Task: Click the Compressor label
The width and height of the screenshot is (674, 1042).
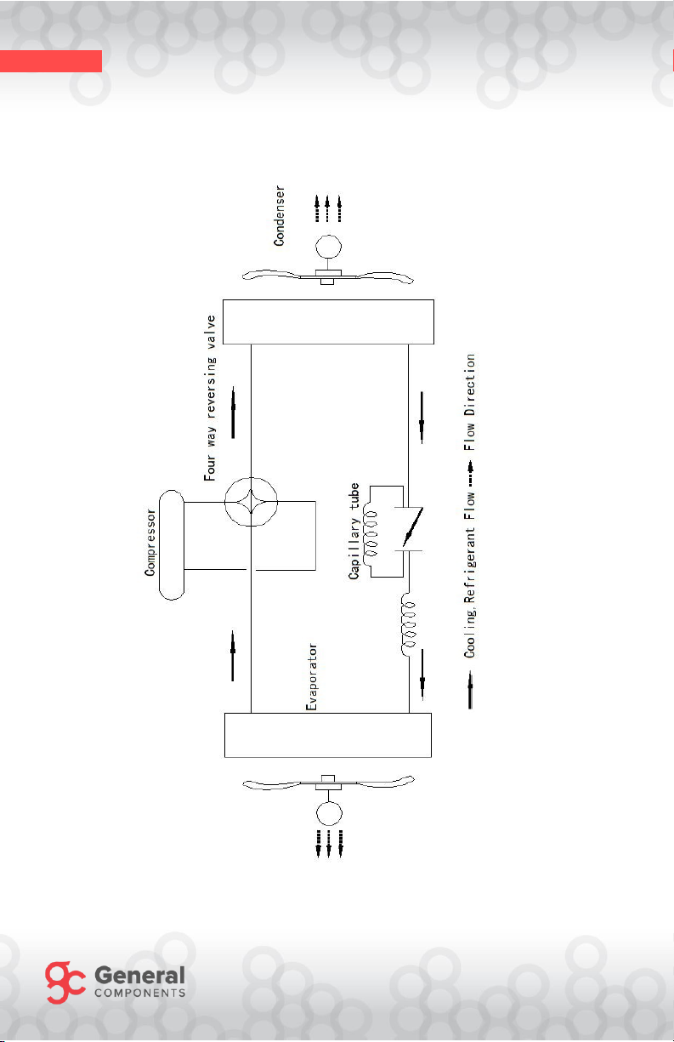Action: pyautogui.click(x=150, y=543)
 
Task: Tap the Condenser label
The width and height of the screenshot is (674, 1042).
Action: pyautogui.click(x=279, y=216)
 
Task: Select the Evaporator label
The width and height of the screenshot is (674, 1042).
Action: pyautogui.click(x=311, y=677)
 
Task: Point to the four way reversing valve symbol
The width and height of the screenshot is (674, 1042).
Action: pyautogui.click(x=251, y=502)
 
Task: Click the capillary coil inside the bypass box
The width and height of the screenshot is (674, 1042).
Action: pyautogui.click(x=371, y=533)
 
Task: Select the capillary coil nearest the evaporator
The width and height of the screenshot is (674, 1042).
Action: pyautogui.click(x=409, y=624)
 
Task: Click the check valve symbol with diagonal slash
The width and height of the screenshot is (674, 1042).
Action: pyautogui.click(x=412, y=527)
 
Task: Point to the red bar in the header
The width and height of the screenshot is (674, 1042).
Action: pyautogui.click(x=51, y=61)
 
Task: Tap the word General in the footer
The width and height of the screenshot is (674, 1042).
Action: pyautogui.click(x=140, y=975)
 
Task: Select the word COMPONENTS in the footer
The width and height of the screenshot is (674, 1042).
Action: pyautogui.click(x=140, y=994)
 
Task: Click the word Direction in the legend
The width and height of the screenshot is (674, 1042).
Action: pyautogui.click(x=470, y=384)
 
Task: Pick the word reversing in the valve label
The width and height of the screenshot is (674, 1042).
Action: pyautogui.click(x=211, y=387)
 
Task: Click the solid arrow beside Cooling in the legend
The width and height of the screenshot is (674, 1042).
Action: pyautogui.click(x=470, y=689)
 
